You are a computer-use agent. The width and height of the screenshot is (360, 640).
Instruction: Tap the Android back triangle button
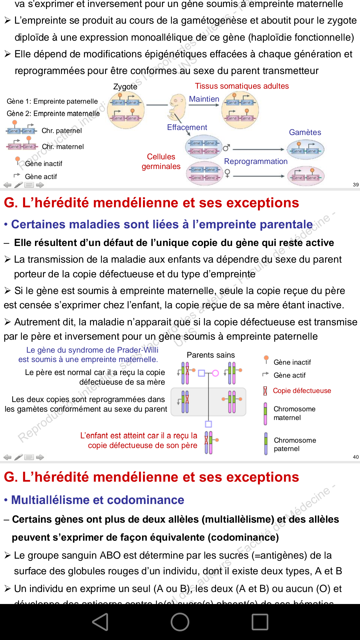(x=100, y=622)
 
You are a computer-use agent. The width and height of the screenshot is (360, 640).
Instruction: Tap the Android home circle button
(x=180, y=622)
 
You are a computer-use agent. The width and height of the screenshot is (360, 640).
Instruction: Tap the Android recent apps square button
(x=260, y=622)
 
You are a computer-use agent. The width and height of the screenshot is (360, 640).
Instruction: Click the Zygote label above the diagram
(x=125, y=87)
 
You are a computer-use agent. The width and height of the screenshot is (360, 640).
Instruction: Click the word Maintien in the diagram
(x=204, y=99)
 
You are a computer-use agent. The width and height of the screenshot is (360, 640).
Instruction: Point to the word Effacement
(x=187, y=127)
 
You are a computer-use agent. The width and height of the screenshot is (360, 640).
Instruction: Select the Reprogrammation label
(x=256, y=161)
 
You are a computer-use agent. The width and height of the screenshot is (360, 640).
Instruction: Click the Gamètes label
(x=305, y=132)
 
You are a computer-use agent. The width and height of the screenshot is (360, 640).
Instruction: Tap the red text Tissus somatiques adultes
(x=242, y=86)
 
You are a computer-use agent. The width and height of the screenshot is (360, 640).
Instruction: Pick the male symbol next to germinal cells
(x=226, y=147)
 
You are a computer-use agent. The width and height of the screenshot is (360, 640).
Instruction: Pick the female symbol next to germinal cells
(x=227, y=173)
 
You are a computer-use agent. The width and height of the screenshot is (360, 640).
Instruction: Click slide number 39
(x=356, y=185)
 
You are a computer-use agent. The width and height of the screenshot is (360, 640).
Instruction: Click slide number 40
(x=356, y=457)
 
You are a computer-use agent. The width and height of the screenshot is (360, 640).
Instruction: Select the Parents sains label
(x=211, y=355)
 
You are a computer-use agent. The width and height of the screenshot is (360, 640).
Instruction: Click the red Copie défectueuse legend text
(x=302, y=391)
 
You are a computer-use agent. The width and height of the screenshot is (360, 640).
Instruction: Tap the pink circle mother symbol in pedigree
(x=215, y=373)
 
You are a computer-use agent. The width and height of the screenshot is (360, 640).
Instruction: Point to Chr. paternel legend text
(x=62, y=131)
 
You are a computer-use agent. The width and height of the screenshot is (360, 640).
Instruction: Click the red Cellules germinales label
(x=161, y=161)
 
